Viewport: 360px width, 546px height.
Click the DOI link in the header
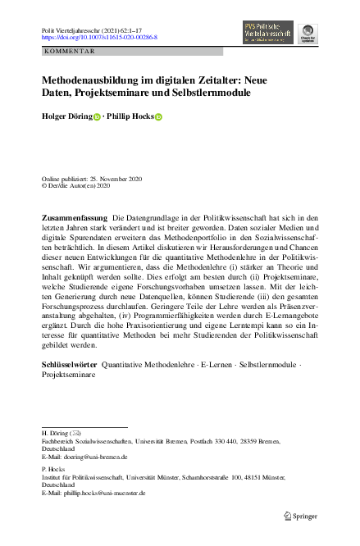(99, 37)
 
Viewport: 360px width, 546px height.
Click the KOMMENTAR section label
(71, 51)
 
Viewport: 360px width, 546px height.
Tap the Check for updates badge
(310, 32)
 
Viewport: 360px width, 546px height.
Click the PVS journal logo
(269, 31)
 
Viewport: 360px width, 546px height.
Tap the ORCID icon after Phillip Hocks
(159, 117)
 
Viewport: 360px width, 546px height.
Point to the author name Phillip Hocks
(131, 117)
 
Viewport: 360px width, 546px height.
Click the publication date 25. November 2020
(112, 178)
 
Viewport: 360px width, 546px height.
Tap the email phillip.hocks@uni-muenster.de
(102, 494)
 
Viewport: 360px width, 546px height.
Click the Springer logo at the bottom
(301, 516)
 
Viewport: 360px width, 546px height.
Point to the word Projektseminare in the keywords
(68, 374)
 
